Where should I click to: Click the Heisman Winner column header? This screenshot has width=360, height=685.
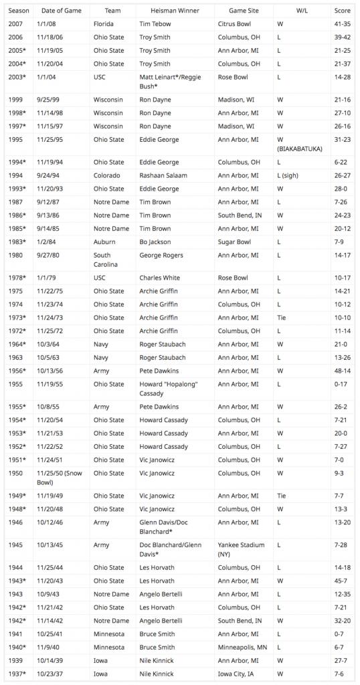(162, 11)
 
